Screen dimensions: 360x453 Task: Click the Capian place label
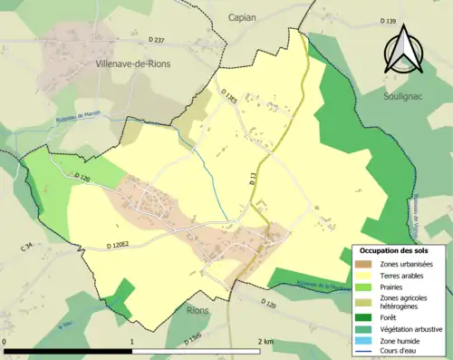(243, 17)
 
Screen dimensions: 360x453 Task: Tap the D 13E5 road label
(226, 95)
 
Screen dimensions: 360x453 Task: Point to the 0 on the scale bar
(5, 341)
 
